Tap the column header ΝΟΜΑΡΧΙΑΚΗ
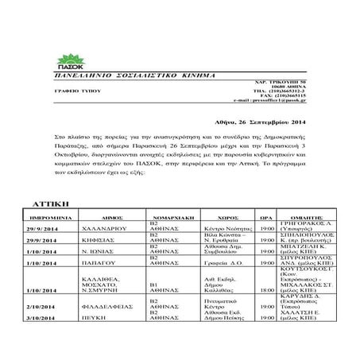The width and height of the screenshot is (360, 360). [x=170, y=215]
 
